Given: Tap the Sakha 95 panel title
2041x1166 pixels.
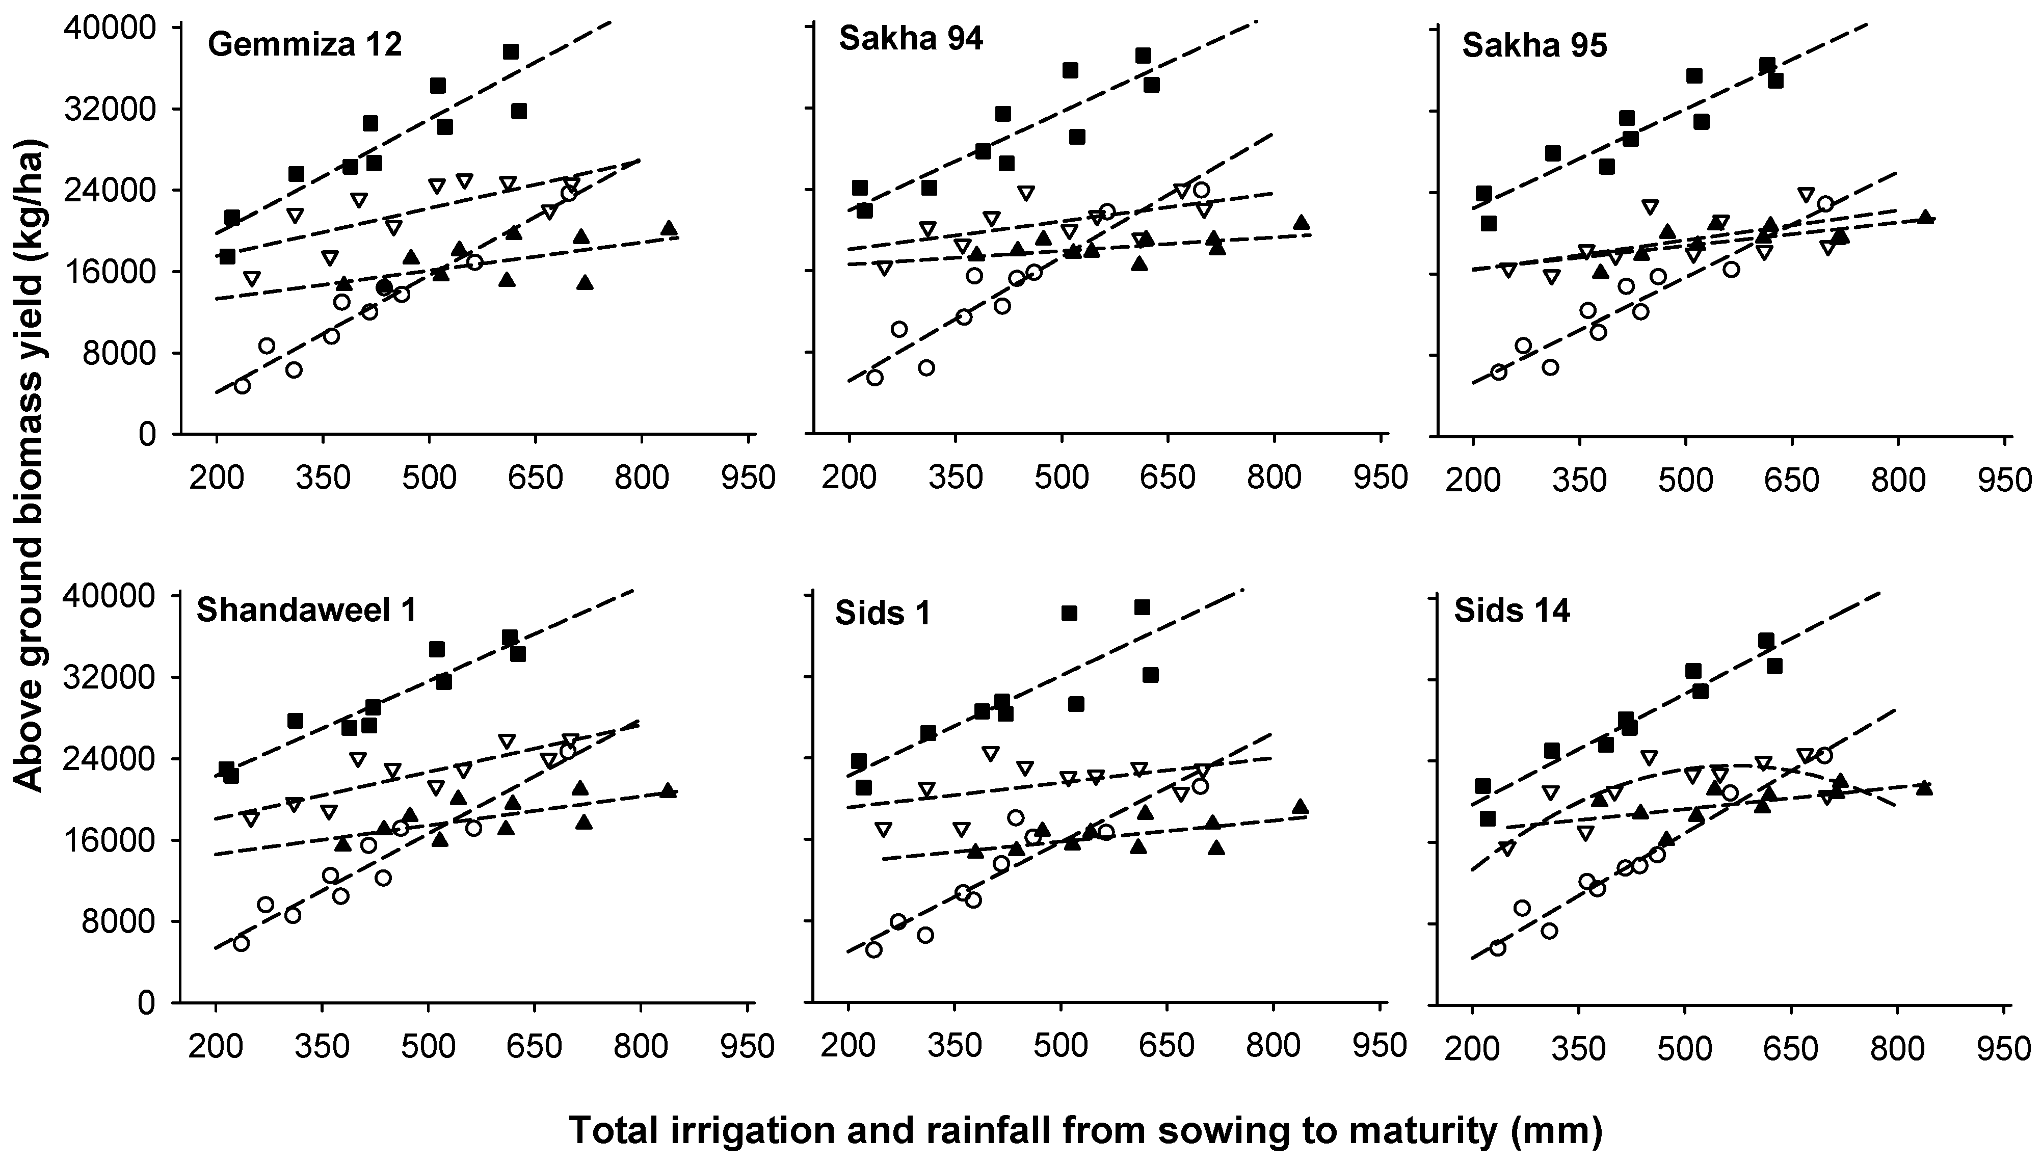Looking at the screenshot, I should tap(1534, 46).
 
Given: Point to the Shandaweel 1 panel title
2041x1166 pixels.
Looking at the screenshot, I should tap(307, 610).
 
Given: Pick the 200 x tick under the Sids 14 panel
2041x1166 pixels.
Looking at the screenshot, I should tap(1471, 1047).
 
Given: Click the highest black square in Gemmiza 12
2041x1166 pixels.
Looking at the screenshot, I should tap(511, 52).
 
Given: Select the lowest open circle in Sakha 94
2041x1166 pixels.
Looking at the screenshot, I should tap(874, 377).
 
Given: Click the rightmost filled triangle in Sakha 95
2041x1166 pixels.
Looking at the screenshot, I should tap(1925, 217).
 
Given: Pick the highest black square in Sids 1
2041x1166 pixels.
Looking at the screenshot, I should tap(1142, 607).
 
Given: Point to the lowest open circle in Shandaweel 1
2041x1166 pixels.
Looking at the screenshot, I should tap(241, 943).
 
